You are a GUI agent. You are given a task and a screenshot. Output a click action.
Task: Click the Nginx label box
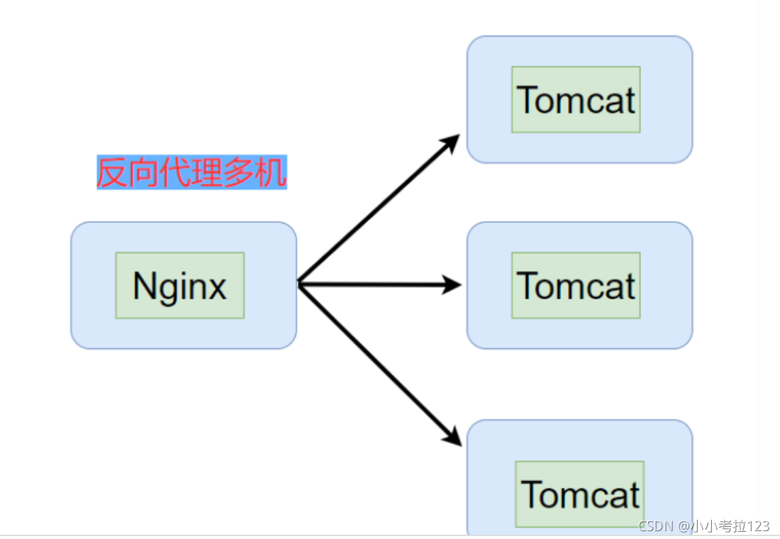click(179, 285)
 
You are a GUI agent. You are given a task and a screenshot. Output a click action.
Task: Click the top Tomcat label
click(576, 99)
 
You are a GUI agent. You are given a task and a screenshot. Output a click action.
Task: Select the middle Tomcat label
click(576, 285)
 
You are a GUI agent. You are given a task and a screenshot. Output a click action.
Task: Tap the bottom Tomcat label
click(580, 494)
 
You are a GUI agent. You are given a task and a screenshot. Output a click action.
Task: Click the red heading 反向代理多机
click(191, 172)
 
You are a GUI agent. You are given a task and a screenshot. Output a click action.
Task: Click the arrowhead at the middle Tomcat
click(452, 285)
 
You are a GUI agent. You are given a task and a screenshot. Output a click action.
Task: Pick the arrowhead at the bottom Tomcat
click(452, 436)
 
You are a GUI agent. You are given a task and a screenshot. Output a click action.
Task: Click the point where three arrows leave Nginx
click(299, 284)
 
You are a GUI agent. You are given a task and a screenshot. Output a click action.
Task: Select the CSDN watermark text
click(657, 526)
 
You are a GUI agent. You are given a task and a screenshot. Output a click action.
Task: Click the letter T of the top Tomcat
click(527, 99)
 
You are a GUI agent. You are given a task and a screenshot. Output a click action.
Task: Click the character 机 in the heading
click(271, 172)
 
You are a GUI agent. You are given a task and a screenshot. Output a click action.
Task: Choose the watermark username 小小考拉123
click(730, 526)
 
